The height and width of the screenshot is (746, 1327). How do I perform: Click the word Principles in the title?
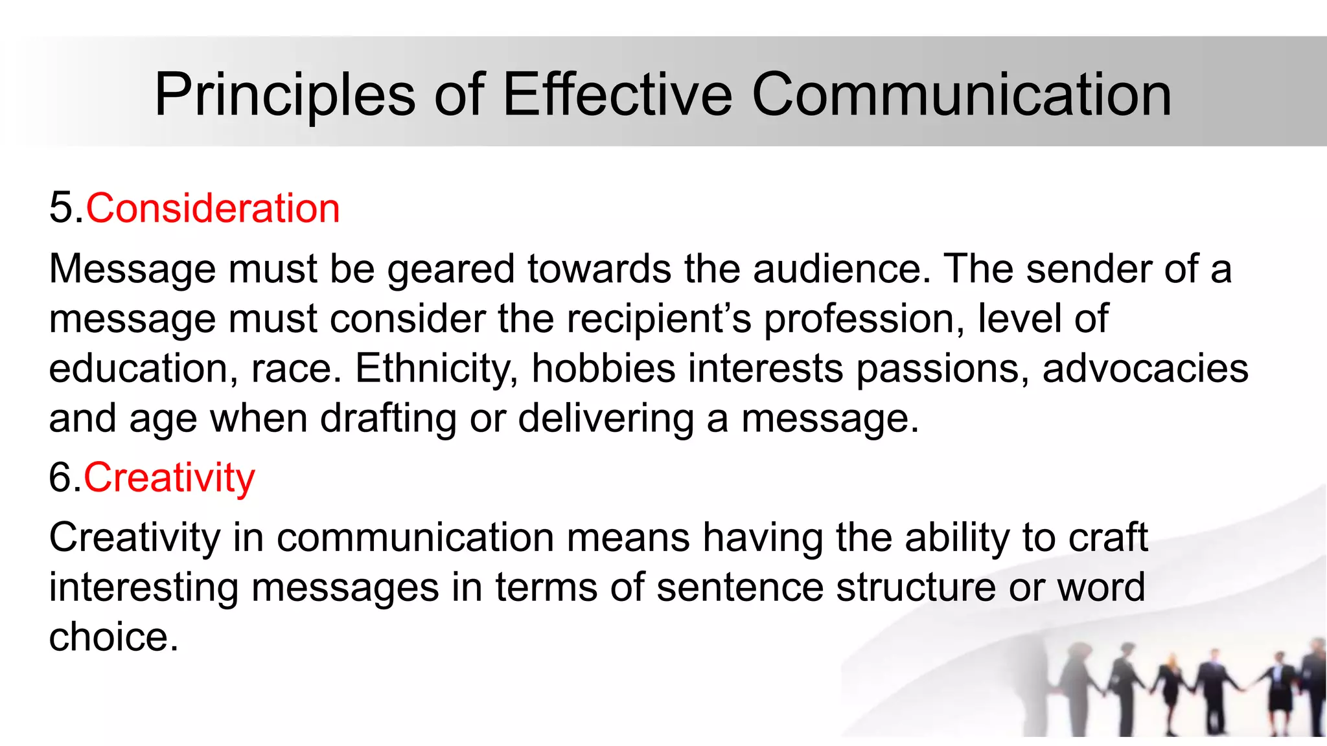(284, 95)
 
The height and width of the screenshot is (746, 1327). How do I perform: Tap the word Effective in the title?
(617, 95)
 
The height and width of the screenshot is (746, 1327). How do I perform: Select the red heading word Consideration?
(213, 209)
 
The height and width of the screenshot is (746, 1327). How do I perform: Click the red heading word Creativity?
(169, 478)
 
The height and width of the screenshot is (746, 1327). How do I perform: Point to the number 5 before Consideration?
(61, 209)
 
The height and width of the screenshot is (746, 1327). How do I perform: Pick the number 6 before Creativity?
(61, 478)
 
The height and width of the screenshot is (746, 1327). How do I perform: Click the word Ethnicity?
(436, 368)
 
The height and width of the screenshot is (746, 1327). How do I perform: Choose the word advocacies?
(1145, 368)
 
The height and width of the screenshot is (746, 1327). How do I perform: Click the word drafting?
(388, 418)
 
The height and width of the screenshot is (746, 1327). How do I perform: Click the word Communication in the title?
(962, 95)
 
